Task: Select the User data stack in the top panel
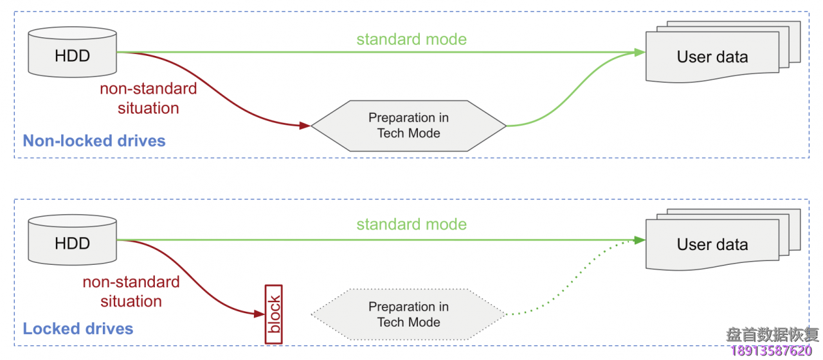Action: (712, 57)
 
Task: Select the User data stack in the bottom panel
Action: (712, 244)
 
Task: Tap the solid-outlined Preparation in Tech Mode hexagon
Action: (408, 126)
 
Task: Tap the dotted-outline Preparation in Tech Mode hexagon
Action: (408, 314)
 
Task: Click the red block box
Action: (274, 314)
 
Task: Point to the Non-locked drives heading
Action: (94, 141)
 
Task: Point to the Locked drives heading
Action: (78, 329)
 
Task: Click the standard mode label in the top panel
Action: (411, 39)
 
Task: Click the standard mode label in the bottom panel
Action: (411, 224)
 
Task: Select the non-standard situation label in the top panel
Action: (148, 98)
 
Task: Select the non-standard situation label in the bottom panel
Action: (131, 291)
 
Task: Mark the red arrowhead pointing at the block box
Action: (260, 314)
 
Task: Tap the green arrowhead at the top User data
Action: (640, 53)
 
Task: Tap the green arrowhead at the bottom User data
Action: (640, 240)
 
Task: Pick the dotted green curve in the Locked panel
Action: (566, 283)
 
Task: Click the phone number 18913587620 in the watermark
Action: (771, 351)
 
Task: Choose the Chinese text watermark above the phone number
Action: (772, 334)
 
